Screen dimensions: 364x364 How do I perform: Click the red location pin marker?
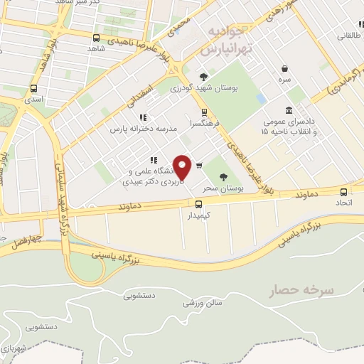tap(183, 167)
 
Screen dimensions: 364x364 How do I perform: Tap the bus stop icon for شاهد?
tap(96, 38)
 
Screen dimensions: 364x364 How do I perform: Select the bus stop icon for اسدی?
tap(33, 89)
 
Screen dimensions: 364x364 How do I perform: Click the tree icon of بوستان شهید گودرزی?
tap(204, 77)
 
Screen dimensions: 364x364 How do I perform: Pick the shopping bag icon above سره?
tap(285, 69)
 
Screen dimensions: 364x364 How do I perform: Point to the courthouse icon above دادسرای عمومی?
tap(289, 110)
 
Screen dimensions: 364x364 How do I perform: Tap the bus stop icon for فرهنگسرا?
tap(205, 112)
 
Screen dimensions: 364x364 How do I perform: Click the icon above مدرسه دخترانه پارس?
tap(142, 117)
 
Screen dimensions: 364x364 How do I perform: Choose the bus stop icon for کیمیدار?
tap(198, 204)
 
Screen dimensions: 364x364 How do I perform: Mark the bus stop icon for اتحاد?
tap(344, 192)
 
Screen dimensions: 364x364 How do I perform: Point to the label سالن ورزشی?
tap(203, 303)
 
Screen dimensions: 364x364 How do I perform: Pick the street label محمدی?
tap(180, 26)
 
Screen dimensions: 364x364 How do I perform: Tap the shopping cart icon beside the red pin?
tap(199, 166)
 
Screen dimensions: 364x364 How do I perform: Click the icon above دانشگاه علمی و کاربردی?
tap(152, 160)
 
